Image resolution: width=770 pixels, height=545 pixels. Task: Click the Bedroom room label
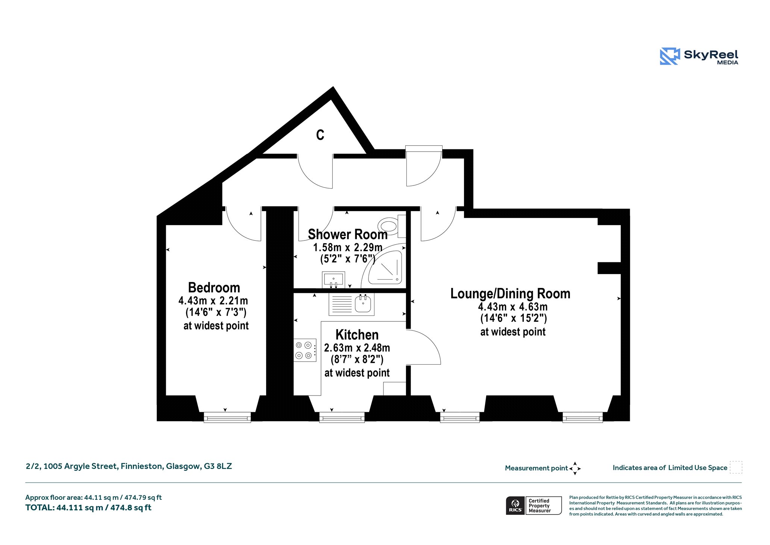tap(214, 288)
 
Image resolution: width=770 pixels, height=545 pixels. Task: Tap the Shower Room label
tap(348, 234)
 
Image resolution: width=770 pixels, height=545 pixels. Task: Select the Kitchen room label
tap(357, 335)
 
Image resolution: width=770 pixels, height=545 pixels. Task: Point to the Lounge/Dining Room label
tap(510, 294)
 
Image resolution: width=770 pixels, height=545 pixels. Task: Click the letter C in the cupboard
tap(320, 135)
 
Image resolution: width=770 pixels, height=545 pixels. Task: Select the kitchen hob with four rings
tap(305, 350)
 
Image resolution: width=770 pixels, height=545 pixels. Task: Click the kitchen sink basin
tap(363, 303)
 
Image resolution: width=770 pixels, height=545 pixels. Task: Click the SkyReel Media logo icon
tap(670, 56)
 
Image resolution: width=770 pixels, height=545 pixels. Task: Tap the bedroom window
tap(227, 417)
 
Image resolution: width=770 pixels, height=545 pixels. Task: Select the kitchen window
tap(342, 417)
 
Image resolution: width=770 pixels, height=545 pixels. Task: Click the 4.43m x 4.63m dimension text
tap(513, 307)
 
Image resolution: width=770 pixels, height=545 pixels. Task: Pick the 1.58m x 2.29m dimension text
tap(348, 248)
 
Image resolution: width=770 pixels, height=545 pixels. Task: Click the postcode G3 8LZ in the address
tap(218, 466)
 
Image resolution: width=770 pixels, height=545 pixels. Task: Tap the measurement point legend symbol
tap(575, 469)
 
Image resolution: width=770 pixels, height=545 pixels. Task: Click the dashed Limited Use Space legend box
tap(736, 467)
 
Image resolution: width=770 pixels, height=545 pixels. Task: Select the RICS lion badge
tap(515, 505)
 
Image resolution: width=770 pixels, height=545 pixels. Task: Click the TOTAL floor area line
tap(88, 508)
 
